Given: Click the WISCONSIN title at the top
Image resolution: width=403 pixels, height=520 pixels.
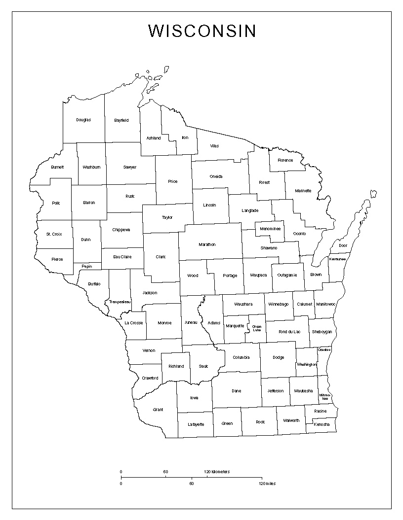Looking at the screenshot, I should (202, 31).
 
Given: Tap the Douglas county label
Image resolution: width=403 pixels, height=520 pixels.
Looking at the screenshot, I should (83, 120).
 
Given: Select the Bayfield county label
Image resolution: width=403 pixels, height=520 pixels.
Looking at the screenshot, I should (121, 120).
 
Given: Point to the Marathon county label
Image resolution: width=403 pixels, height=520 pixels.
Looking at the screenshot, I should (207, 244).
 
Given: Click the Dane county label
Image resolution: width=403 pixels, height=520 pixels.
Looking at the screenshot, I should (237, 391).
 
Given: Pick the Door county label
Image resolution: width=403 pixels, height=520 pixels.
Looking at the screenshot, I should (343, 245).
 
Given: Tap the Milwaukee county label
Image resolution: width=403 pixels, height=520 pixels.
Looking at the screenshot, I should (324, 396).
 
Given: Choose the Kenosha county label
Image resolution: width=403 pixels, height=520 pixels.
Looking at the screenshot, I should (321, 424).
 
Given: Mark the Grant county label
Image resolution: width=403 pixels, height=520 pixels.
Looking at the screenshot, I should (158, 410).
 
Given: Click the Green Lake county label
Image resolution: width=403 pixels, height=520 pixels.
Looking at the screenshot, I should (257, 328).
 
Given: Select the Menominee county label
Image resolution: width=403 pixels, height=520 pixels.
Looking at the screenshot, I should (270, 229).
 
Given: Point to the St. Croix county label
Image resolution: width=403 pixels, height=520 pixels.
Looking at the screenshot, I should (54, 234).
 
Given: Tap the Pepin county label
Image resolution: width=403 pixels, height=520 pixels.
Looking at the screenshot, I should (86, 266).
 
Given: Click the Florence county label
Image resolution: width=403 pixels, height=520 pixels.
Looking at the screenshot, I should (285, 160).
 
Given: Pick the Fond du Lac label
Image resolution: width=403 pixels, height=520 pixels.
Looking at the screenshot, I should (289, 332).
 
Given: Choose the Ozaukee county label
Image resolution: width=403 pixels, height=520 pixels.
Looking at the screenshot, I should (324, 349).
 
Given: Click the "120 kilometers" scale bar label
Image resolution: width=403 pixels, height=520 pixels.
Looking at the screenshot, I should (217, 472).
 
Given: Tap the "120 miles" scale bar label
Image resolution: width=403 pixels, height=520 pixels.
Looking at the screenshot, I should (267, 484).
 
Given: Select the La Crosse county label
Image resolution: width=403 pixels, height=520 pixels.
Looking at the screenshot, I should (133, 323).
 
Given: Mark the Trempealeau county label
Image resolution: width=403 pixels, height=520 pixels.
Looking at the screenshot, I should (120, 302).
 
